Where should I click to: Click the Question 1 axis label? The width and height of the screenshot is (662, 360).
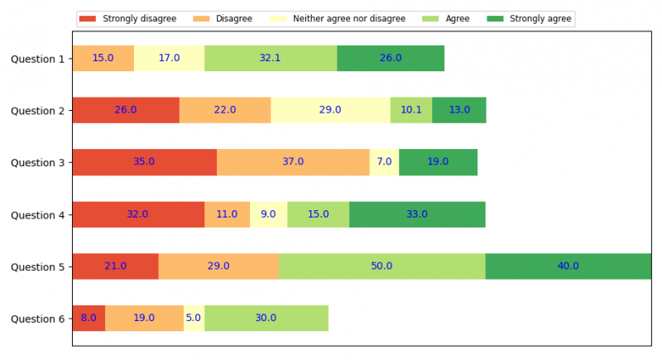37,59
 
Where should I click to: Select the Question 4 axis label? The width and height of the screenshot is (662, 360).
37,214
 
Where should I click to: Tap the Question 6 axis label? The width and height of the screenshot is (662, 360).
37,319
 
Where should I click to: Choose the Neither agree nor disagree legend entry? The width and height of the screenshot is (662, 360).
348,18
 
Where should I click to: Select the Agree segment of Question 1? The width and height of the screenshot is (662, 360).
271,59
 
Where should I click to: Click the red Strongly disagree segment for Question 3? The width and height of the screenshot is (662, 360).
144,162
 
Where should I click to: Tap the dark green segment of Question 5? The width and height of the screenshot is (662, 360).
568,266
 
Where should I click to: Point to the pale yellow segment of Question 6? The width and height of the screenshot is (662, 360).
194,319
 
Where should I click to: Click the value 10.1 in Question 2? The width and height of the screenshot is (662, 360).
411,110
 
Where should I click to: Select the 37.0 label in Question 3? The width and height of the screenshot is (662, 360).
293,162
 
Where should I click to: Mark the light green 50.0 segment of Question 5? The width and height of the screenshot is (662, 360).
381,266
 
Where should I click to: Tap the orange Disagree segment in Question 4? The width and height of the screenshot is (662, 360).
227,214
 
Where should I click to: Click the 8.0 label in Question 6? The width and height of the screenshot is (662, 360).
89,319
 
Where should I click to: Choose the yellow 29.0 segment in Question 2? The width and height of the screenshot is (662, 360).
330,110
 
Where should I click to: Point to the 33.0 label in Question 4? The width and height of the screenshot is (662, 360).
417,214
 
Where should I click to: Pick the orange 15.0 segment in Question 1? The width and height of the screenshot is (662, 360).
103,59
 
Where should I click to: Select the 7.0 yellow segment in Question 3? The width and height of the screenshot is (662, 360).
384,162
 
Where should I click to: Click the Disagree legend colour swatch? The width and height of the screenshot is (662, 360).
201,18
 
